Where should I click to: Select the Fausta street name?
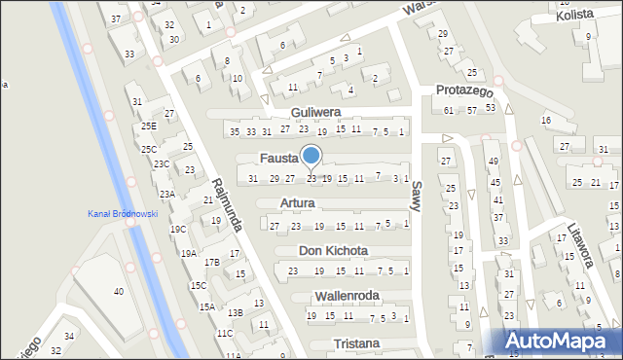coord(278,158)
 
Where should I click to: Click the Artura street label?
coord(297,203)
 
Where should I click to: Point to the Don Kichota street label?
coord(333,250)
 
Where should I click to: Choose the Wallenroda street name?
coord(348,295)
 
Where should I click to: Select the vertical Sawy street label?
coord(417,190)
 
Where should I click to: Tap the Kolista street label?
coord(575,17)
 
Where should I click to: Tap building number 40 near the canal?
coord(119,292)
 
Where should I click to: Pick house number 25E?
coord(148,126)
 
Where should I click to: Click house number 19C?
coord(178,230)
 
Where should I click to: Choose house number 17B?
coord(211,263)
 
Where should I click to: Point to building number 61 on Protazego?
coord(449,110)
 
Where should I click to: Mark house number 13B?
coord(235,312)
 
